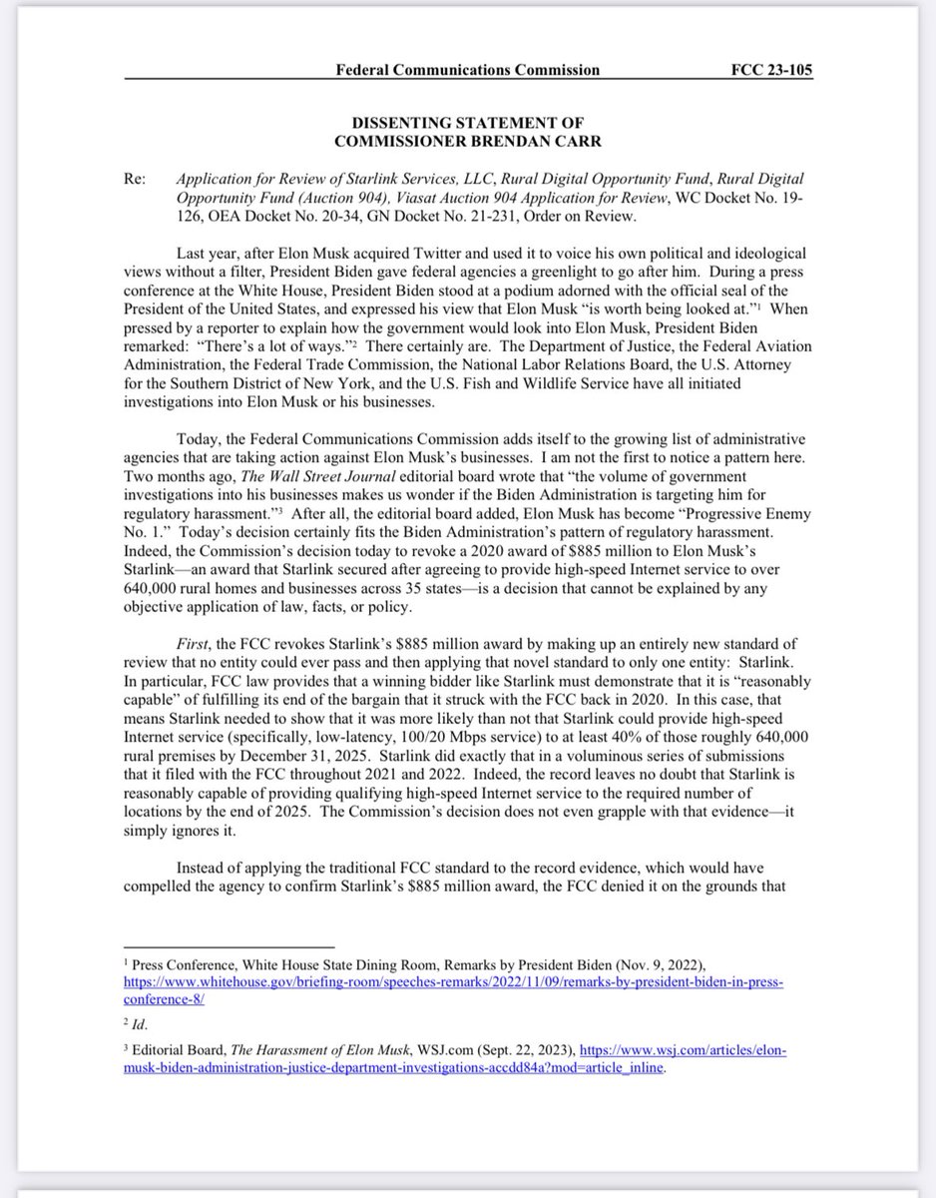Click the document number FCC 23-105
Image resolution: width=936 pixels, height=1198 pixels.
point(772,70)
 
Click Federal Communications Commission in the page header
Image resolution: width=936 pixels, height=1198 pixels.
point(469,70)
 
